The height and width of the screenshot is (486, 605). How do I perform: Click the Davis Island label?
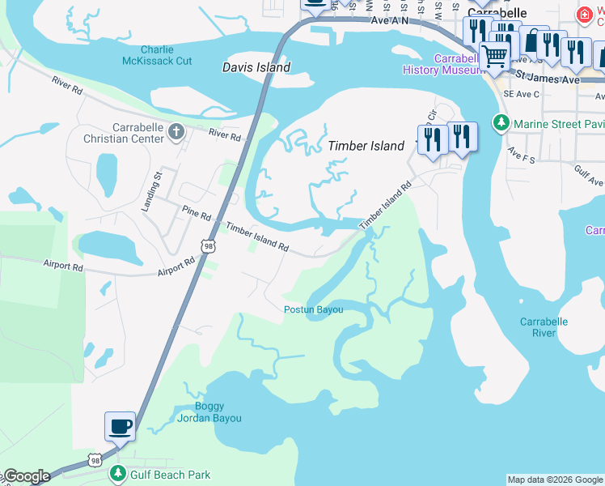(x=256, y=68)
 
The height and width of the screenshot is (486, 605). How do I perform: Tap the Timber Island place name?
(x=366, y=146)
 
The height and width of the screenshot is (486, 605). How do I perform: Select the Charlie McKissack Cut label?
(x=156, y=55)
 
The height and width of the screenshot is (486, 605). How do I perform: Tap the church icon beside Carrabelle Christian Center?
(x=176, y=130)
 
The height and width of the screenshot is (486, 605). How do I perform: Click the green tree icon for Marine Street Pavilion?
(x=501, y=123)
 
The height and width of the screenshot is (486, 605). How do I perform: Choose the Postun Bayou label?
(x=313, y=309)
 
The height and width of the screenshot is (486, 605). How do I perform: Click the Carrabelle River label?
(x=544, y=327)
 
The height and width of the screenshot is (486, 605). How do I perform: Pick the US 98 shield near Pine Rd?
(x=208, y=245)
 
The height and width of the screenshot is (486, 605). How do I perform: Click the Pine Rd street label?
(x=196, y=215)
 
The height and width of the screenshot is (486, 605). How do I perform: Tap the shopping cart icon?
(x=494, y=57)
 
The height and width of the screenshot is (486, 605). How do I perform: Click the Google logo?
(x=26, y=476)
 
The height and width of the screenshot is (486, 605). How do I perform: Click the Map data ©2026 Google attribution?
(x=554, y=480)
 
